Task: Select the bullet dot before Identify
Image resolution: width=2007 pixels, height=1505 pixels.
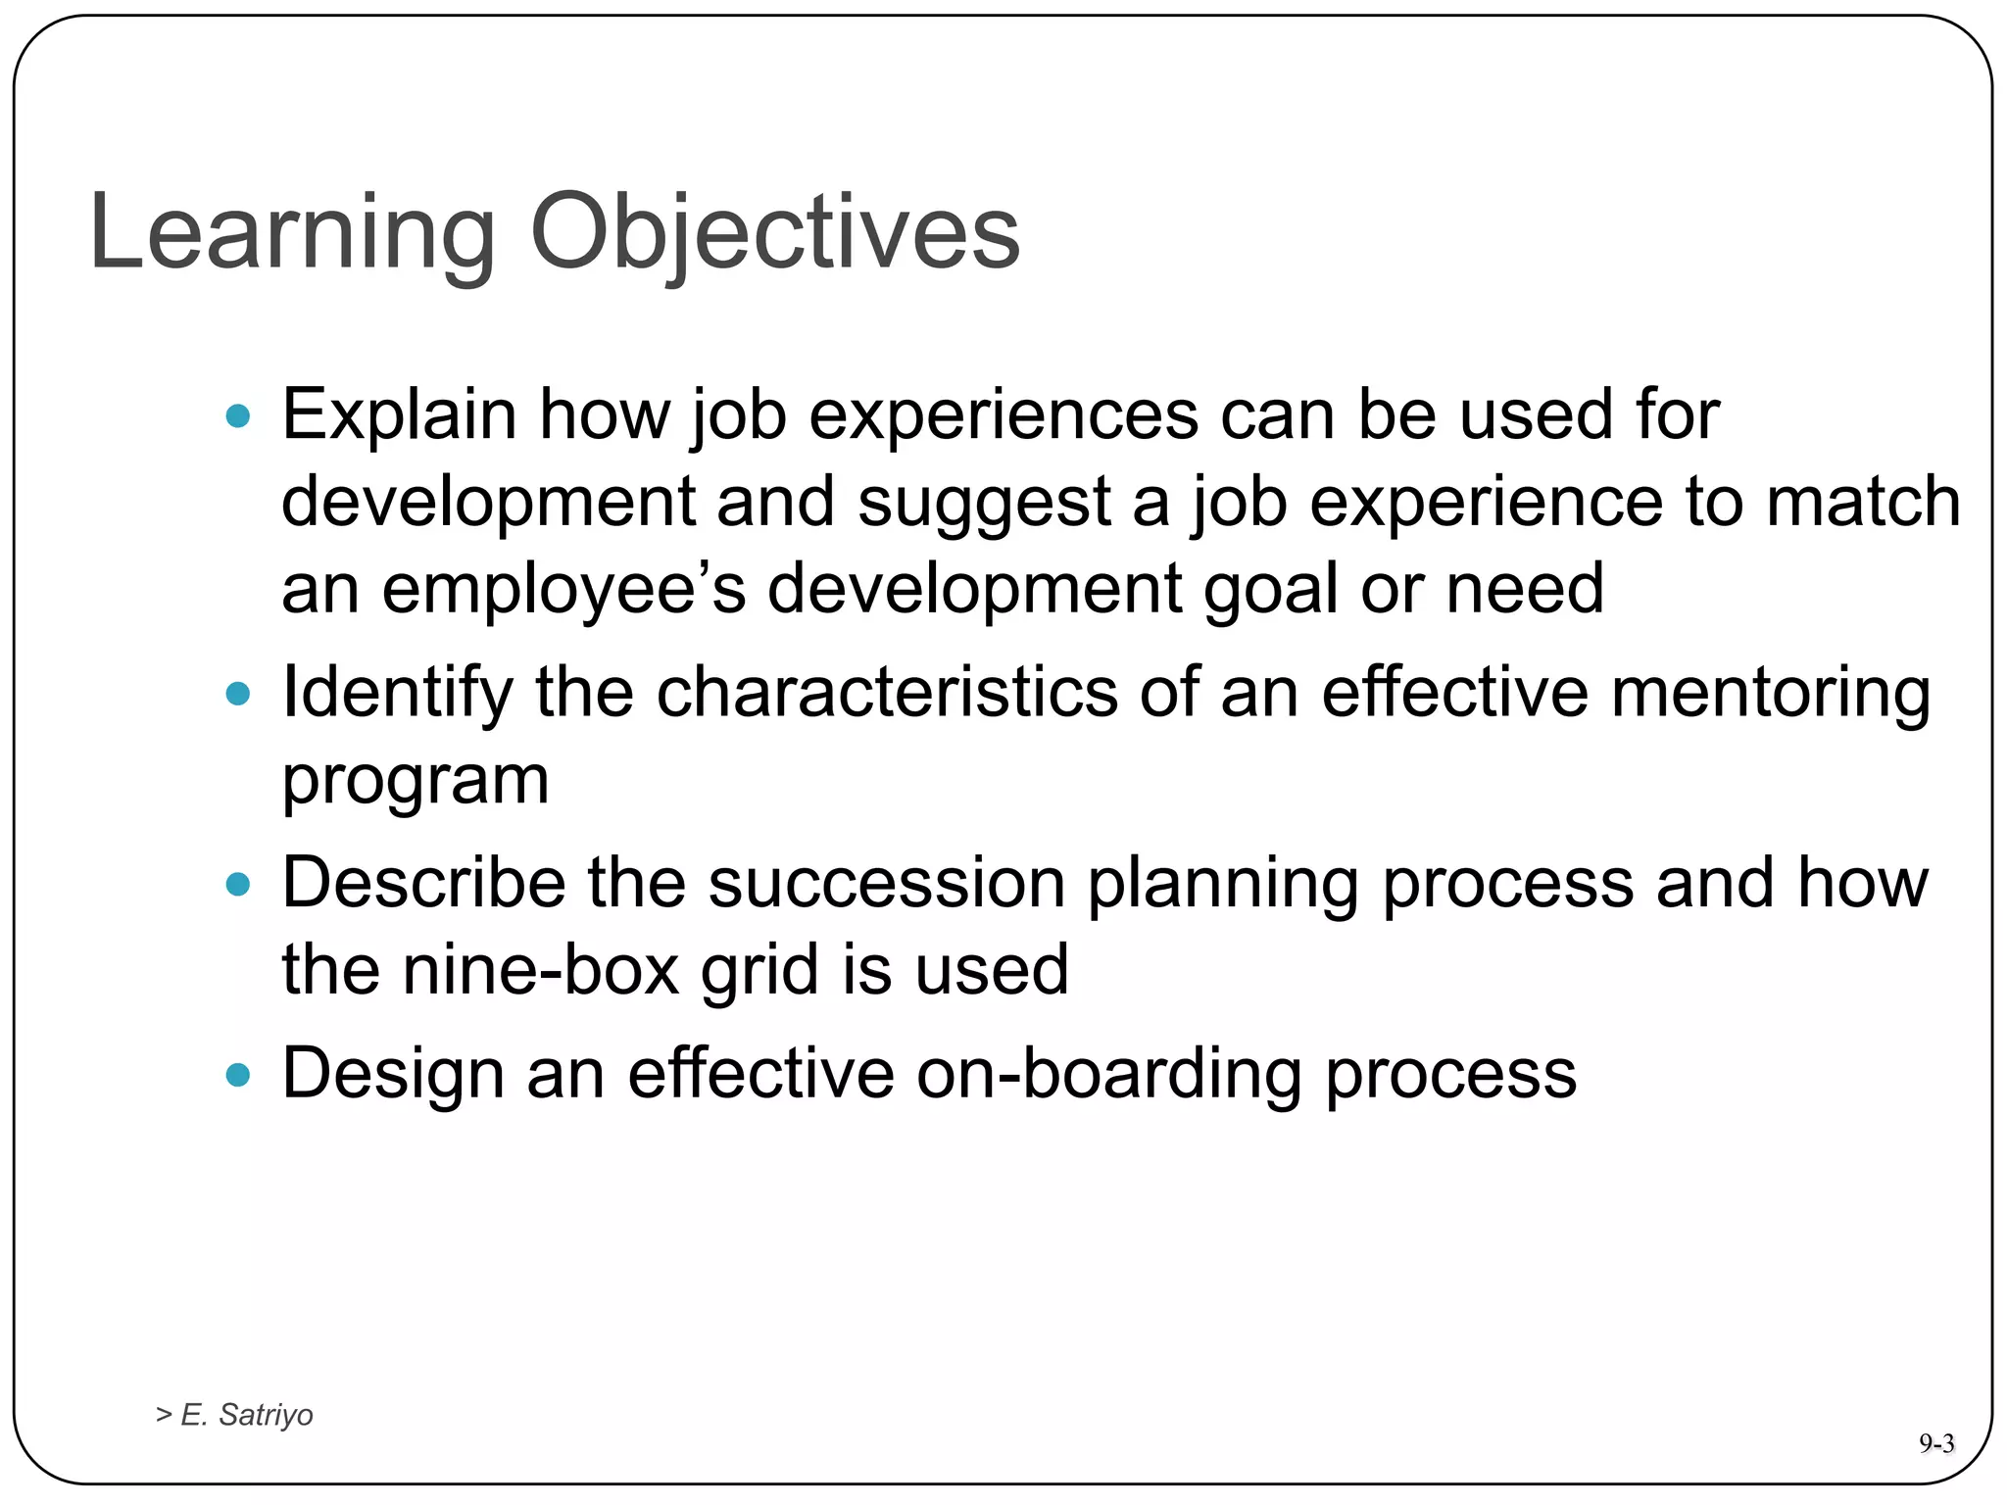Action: pos(238,695)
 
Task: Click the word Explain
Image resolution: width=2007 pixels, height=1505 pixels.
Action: pos(399,415)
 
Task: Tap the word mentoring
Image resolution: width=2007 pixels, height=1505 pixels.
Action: pos(1770,693)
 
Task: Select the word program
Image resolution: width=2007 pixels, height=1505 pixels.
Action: pos(416,782)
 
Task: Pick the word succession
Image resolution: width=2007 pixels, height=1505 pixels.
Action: pos(886,883)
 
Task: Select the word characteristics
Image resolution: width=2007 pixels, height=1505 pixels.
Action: pos(886,693)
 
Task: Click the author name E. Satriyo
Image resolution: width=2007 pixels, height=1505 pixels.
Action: pos(246,1415)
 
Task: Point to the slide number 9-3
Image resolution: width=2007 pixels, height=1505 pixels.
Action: pos(1936,1443)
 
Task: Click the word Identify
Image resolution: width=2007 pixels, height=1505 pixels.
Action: pos(397,693)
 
